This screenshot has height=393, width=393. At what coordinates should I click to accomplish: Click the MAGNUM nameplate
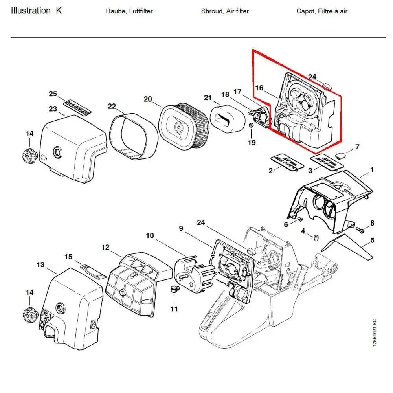(x=77, y=107)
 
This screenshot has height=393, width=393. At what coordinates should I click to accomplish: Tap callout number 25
(x=53, y=94)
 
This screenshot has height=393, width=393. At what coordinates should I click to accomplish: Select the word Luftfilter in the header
(x=138, y=11)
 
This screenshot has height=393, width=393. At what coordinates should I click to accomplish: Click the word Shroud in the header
(x=211, y=11)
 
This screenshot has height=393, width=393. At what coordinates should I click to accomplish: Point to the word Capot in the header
(x=306, y=11)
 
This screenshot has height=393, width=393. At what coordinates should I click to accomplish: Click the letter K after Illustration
(x=59, y=11)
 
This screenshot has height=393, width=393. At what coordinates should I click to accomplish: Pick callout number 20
(x=148, y=99)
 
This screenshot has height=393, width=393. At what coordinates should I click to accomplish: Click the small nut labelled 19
(x=250, y=125)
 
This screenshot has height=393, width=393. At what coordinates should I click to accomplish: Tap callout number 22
(x=112, y=106)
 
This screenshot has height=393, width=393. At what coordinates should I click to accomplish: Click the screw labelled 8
(x=359, y=229)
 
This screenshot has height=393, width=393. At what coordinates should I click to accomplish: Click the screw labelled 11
(x=175, y=290)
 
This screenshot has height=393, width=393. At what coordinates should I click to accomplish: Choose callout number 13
(x=40, y=264)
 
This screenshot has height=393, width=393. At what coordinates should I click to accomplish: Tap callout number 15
(x=68, y=257)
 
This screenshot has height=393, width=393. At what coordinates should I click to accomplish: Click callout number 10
(x=150, y=236)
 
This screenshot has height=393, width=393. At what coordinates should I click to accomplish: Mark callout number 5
(x=372, y=240)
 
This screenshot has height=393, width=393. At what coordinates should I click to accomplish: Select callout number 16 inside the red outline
(x=259, y=88)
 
